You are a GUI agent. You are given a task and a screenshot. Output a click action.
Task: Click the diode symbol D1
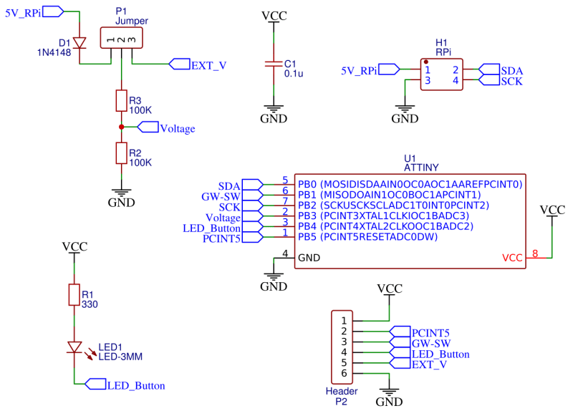pos(80,42)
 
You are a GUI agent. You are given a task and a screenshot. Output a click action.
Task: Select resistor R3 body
pos(121,101)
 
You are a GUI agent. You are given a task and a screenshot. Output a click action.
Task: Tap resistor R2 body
pos(121,153)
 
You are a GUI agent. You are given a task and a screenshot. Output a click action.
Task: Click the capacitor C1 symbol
pos(273,63)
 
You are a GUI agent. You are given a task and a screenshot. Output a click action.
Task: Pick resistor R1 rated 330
pos(74,294)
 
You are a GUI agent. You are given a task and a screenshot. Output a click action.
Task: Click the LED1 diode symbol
pos(74,347)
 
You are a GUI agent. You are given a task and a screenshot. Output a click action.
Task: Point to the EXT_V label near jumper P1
pos(208,64)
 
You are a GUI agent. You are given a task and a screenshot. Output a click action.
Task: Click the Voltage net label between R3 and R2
pos(177,128)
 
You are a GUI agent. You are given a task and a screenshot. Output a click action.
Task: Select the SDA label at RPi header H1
pos(511,70)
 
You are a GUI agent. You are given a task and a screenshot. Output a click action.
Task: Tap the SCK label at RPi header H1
pos(511,81)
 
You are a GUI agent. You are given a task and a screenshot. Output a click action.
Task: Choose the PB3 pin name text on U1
pos(307,216)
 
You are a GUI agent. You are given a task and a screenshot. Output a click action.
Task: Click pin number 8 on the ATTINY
pos(535,253)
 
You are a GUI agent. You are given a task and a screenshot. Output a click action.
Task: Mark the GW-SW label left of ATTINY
pos(221,195)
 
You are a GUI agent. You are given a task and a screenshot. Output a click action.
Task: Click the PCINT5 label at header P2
pos(430,332)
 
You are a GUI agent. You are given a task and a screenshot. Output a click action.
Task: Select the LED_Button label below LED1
pos(136,385)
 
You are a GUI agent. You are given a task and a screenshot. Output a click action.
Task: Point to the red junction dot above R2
pos(121,127)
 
